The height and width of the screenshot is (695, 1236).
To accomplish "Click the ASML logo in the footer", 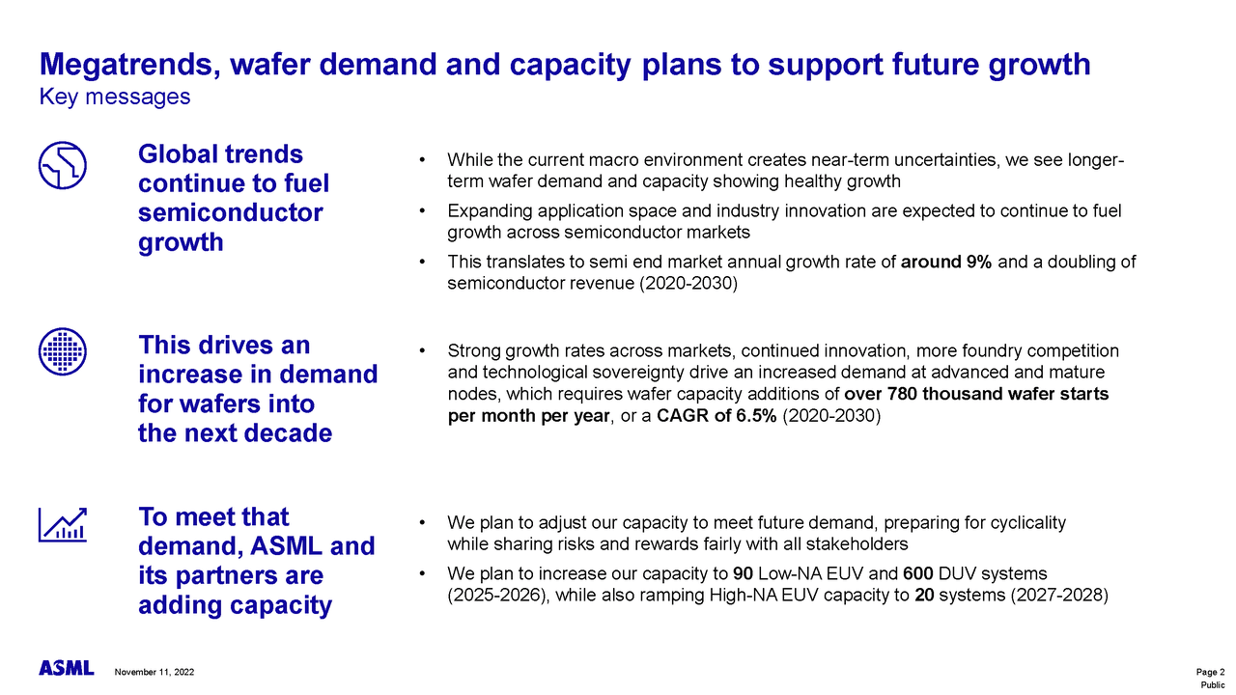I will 66,669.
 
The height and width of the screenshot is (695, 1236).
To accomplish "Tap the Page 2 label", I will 1210,672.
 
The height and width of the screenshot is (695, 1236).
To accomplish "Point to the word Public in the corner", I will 1212,684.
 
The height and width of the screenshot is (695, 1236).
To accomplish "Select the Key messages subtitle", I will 114,97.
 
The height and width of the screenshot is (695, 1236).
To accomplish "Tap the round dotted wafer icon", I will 63,350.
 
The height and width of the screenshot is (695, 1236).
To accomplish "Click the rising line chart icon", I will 63,524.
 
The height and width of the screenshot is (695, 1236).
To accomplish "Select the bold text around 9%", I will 945,263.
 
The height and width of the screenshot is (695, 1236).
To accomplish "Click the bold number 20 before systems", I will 923,596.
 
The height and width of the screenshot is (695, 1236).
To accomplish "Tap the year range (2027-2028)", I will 1058,596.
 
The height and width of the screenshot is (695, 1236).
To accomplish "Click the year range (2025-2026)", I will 497,596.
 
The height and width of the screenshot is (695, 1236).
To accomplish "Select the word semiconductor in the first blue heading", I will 231,212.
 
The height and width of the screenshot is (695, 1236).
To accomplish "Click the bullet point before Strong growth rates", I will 423,351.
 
